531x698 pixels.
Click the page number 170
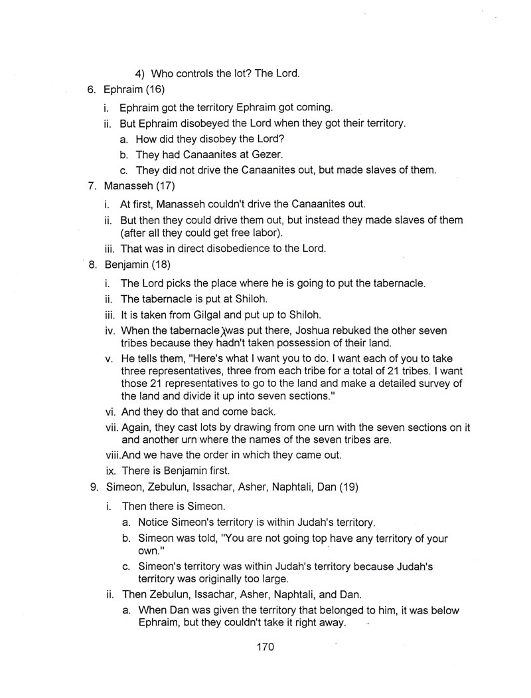click(265, 646)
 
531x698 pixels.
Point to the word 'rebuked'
click(356, 330)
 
